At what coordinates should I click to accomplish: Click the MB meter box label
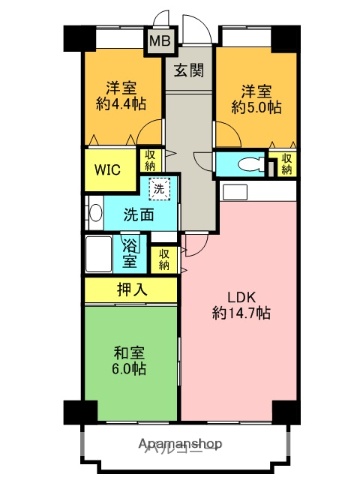click(x=159, y=41)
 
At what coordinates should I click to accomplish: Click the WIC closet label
click(x=108, y=169)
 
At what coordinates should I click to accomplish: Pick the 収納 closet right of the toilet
click(x=288, y=163)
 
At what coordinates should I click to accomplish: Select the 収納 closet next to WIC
click(x=150, y=161)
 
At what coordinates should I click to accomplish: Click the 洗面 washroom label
click(x=138, y=215)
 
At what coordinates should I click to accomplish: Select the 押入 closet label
click(x=131, y=290)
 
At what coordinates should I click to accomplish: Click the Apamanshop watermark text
click(x=180, y=442)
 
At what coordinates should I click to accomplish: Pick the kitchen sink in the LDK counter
click(x=236, y=191)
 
